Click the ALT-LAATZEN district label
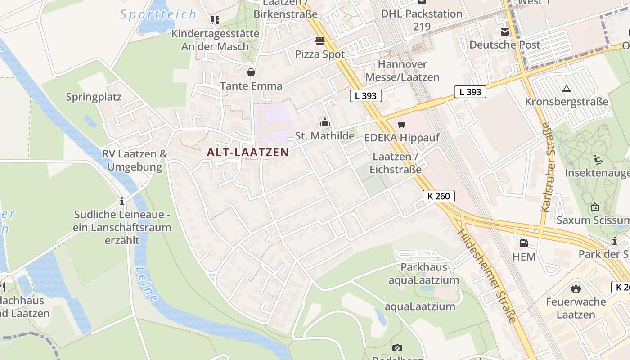[247, 152]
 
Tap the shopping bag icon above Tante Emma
[251, 72]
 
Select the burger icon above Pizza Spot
[320, 41]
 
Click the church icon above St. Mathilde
[324, 122]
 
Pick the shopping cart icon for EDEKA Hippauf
[401, 124]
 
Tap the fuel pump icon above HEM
[524, 243]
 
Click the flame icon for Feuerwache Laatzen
[576, 288]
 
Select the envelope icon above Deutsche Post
[504, 32]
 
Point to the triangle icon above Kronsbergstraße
[566, 89]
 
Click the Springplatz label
[94, 97]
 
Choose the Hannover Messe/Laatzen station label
[402, 71]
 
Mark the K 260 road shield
[439, 196]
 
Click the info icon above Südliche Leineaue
[121, 201]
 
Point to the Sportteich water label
[158, 14]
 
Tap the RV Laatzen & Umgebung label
[135, 161]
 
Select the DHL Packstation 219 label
[422, 20]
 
